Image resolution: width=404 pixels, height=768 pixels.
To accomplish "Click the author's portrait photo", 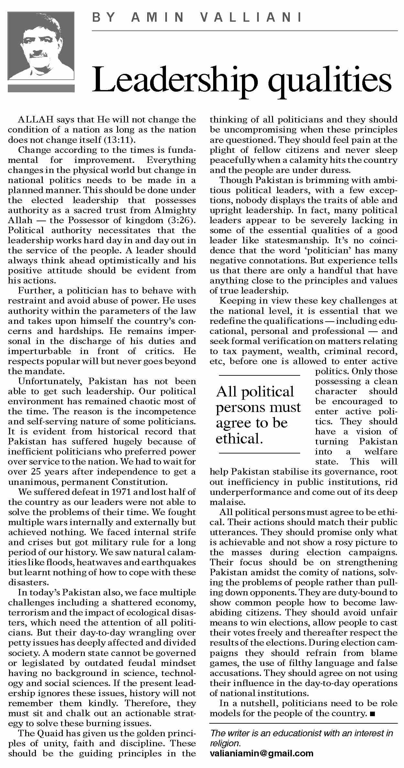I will click(41, 46).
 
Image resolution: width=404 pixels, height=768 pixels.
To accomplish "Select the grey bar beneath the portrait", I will click(41, 88).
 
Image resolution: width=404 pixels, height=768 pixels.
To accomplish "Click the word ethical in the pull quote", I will click(238, 439).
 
